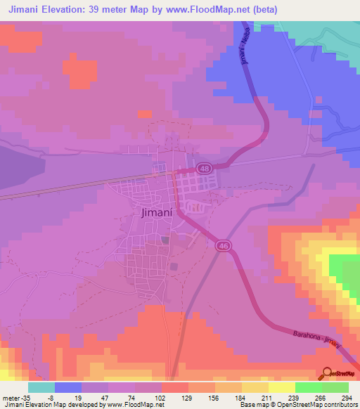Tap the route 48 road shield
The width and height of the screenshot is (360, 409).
tap(204, 168)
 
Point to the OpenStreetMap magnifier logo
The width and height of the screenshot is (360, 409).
tap(327, 372)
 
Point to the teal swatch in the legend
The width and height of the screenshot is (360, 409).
tap(41, 387)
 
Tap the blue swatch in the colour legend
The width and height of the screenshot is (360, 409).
tap(68, 387)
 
